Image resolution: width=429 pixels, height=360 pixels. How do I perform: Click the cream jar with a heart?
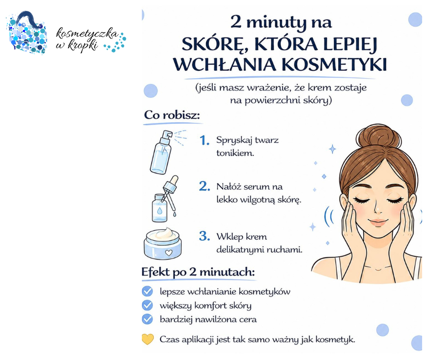[x=162, y=244]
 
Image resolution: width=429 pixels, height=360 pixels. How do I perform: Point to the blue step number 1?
[x=204, y=140]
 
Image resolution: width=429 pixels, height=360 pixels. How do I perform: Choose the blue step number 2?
[x=204, y=186]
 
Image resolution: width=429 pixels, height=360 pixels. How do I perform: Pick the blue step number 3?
[x=204, y=236]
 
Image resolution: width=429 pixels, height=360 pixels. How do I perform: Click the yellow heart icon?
[x=148, y=339]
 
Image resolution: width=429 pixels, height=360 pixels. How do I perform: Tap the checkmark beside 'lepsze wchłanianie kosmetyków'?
[x=147, y=291]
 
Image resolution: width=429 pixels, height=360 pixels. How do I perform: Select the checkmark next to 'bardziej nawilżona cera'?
[x=147, y=319]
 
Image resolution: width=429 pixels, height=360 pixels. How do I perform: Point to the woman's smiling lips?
[x=377, y=222]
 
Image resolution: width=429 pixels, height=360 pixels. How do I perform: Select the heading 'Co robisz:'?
[x=172, y=115]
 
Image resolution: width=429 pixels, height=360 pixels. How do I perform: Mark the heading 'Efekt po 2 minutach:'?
[x=198, y=272]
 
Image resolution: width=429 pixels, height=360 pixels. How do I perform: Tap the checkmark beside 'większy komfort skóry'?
[x=147, y=305]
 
